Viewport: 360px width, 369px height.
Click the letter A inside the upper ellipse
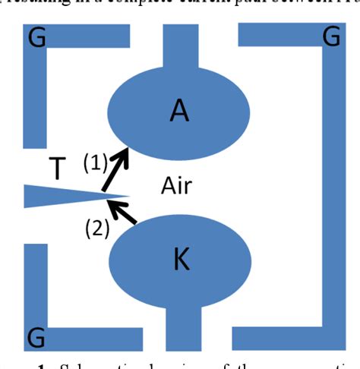click(x=178, y=110)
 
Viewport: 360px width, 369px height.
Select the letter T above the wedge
click(x=57, y=169)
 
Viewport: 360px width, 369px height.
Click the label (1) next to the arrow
click(x=95, y=161)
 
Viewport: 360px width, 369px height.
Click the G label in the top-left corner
click(x=36, y=38)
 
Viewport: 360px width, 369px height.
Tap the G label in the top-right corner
click(x=330, y=37)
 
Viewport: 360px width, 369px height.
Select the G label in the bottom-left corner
click(x=35, y=336)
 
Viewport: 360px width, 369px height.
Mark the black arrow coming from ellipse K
click(x=123, y=211)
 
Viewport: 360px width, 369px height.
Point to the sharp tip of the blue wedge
click(x=126, y=196)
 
